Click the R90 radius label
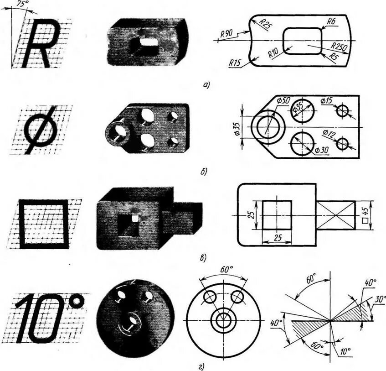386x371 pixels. point(227,33)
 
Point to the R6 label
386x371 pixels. point(331,21)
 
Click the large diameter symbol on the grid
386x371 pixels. point(42,130)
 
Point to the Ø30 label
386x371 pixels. point(322,150)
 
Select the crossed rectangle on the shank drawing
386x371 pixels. point(335,215)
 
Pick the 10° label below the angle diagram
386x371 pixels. point(345,352)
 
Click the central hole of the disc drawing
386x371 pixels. point(223,319)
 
